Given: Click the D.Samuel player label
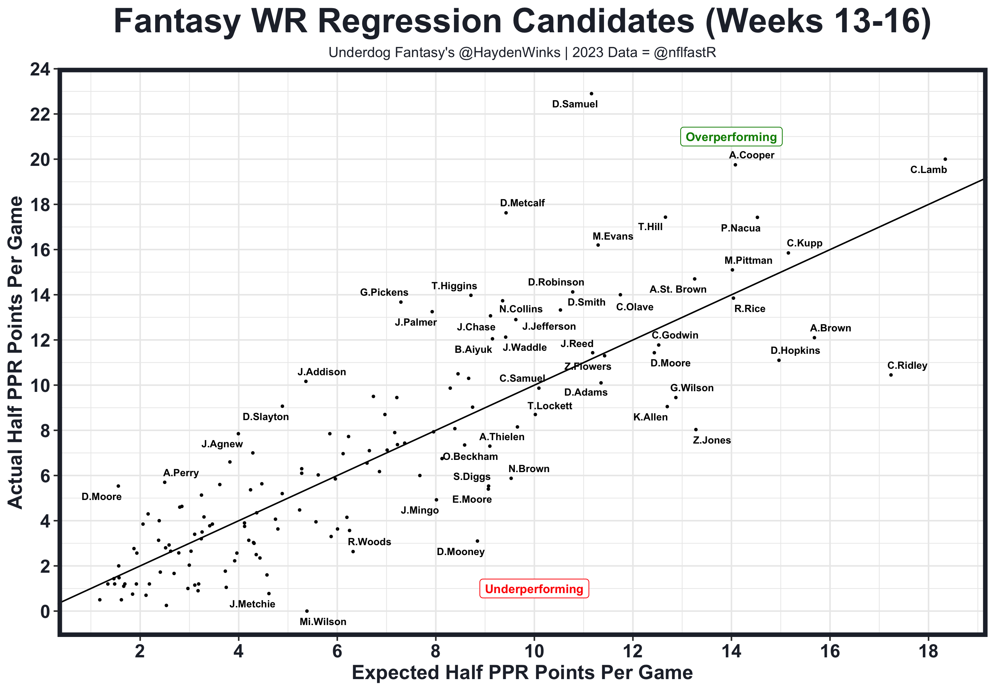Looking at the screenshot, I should [575, 104].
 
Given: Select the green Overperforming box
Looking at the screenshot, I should [731, 137].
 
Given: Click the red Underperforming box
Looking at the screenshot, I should [534, 589].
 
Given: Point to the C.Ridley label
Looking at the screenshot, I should [907, 365].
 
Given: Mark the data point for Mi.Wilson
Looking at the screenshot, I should [307, 611].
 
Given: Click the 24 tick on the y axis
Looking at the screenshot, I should [39, 70].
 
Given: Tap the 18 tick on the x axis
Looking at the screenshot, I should [928, 651].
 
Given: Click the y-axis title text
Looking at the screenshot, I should [16, 352].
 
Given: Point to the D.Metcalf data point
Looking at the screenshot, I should [506, 212].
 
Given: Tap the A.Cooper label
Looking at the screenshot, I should [751, 155].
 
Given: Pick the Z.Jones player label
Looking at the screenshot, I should [712, 440].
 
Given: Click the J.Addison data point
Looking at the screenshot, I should [306, 381].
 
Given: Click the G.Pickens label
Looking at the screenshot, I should [384, 293].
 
